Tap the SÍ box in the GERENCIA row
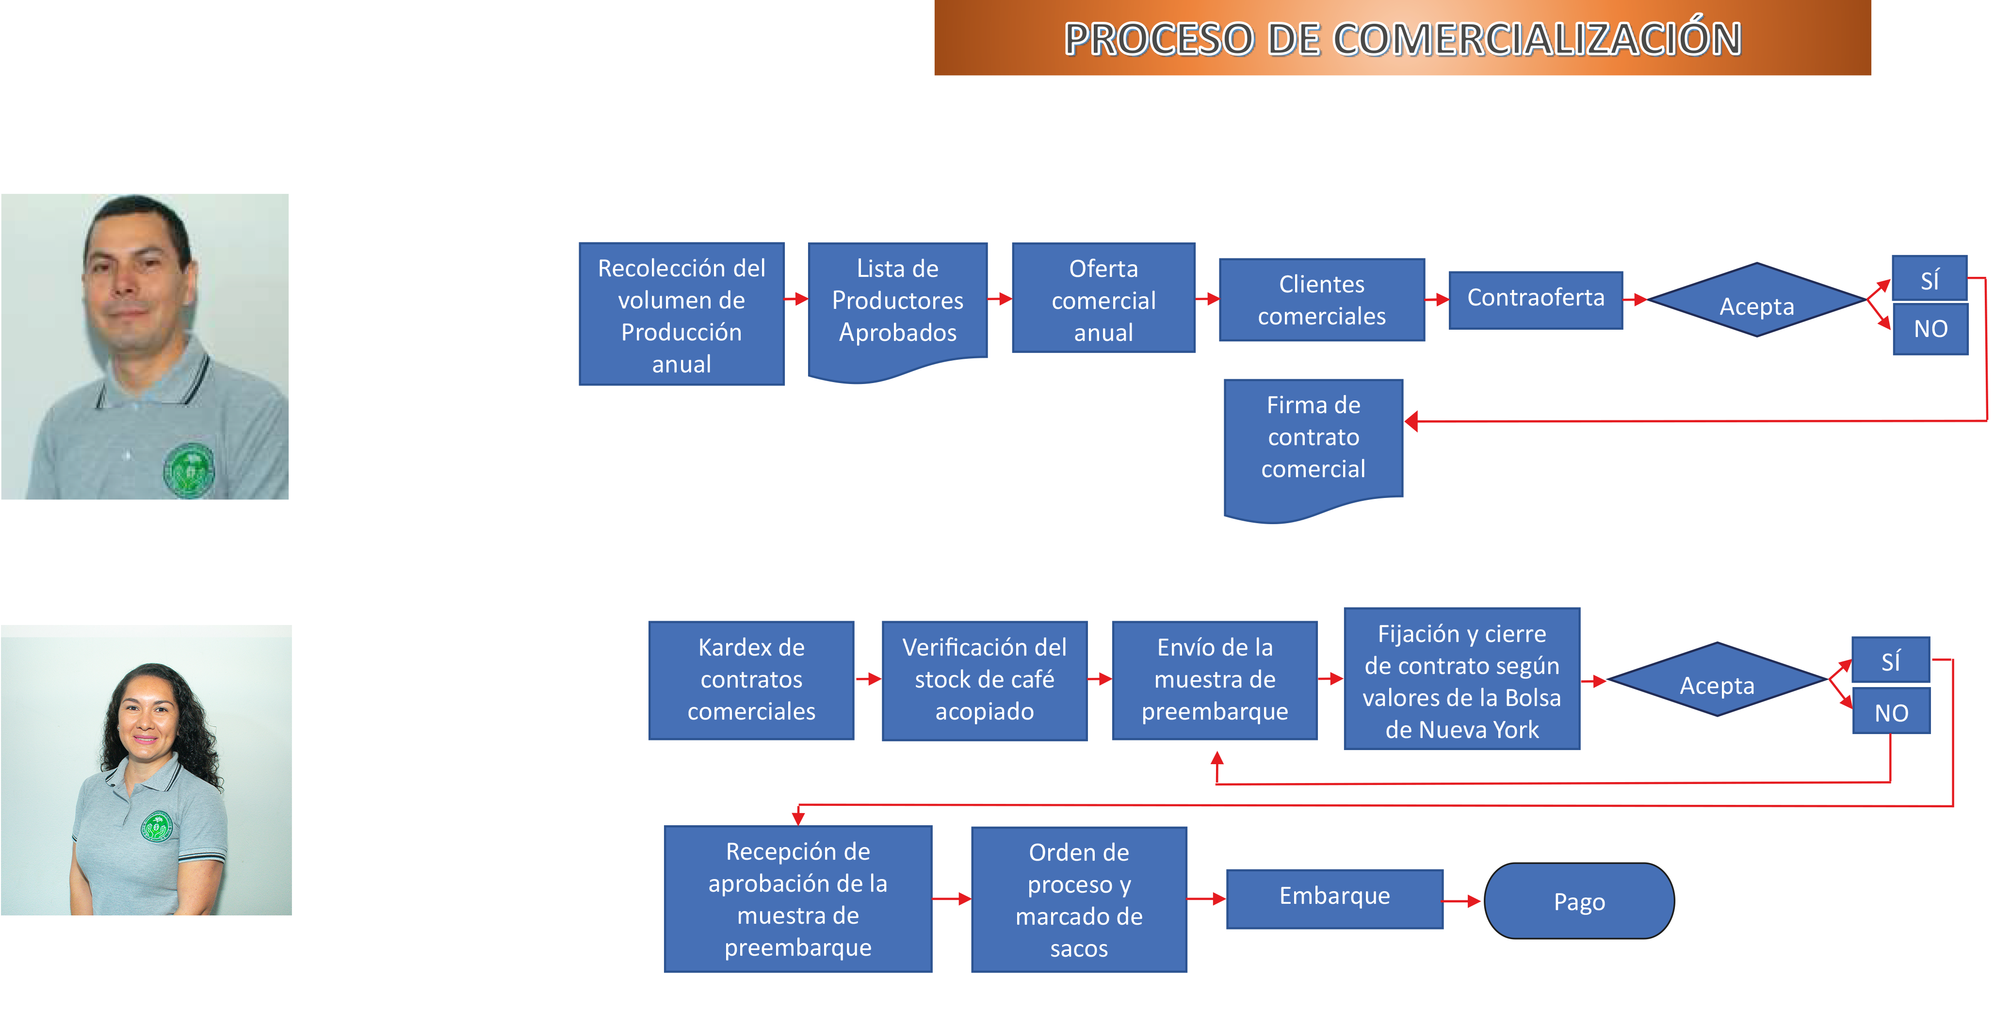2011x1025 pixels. (1929, 279)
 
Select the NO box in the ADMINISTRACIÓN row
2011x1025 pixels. (1891, 711)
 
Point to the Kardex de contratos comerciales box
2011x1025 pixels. (751, 679)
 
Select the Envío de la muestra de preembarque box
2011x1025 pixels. (1214, 679)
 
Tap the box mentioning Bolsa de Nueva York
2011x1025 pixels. (1461, 679)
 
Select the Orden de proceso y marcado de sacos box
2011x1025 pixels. (1078, 899)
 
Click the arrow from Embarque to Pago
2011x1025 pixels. (1461, 901)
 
